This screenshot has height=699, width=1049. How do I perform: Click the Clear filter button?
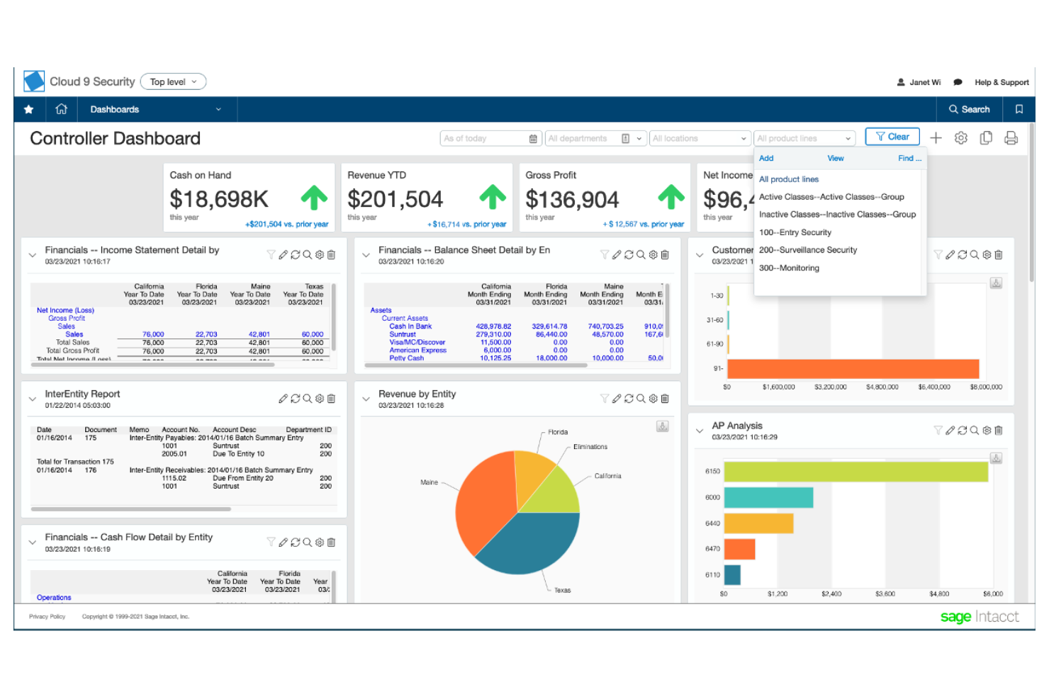tap(892, 137)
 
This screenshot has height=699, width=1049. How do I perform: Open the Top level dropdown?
tap(173, 82)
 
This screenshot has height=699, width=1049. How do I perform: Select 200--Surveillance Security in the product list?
tap(807, 250)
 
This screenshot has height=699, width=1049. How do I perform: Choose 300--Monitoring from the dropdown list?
tap(788, 268)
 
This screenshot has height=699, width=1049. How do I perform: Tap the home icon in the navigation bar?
tap(62, 109)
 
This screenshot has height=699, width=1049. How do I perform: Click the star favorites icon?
tap(29, 109)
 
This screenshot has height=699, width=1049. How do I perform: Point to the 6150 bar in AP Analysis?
tap(855, 472)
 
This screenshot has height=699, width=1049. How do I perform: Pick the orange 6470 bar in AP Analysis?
tap(739, 549)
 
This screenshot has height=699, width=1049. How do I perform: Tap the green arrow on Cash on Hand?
tap(314, 198)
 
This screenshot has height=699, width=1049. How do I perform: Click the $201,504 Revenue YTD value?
tap(395, 200)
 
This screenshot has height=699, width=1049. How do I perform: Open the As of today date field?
tap(489, 139)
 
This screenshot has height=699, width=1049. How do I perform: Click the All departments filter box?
tap(585, 139)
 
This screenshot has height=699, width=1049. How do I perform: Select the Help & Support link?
tap(1001, 82)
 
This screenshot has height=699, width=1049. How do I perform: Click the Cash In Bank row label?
tap(410, 326)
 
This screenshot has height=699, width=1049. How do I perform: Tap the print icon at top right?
tap(1011, 138)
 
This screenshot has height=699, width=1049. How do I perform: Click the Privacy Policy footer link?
tap(47, 617)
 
